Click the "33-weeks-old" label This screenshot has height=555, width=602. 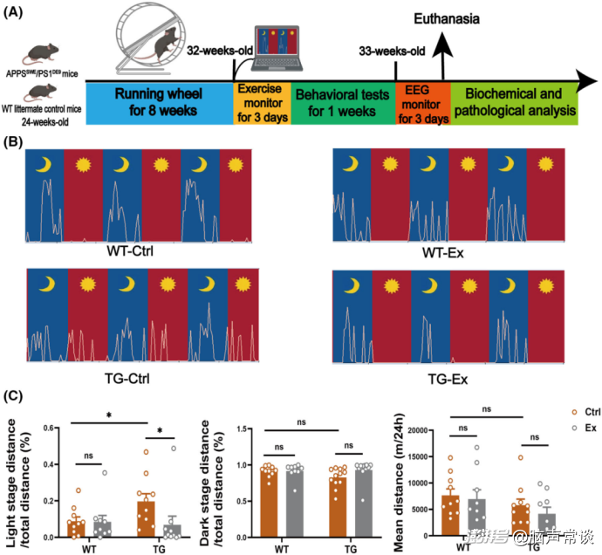pyautogui.click(x=392, y=51)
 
